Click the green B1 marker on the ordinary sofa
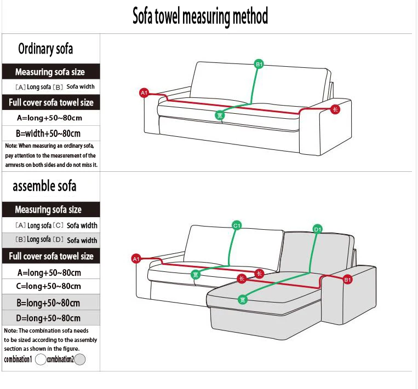coord(259,64)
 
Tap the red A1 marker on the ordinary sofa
coord(144,92)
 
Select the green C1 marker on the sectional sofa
coord(237,225)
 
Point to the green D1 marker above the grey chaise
coord(318,229)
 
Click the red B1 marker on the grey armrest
coord(347,279)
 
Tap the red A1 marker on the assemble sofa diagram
coord(136,259)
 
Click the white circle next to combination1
coord(41,359)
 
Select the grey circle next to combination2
coord(80,359)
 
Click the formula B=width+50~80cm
coord(48,133)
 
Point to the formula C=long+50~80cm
coord(49,286)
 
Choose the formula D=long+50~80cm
coord(48,318)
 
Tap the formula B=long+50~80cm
coord(48,303)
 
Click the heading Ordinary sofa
coord(45,49)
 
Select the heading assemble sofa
coord(44,186)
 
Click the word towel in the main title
coord(168,16)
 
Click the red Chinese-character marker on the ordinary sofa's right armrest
coord(335,109)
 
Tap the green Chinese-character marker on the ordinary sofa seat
coord(220,115)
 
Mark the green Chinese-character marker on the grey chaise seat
coord(243,300)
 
